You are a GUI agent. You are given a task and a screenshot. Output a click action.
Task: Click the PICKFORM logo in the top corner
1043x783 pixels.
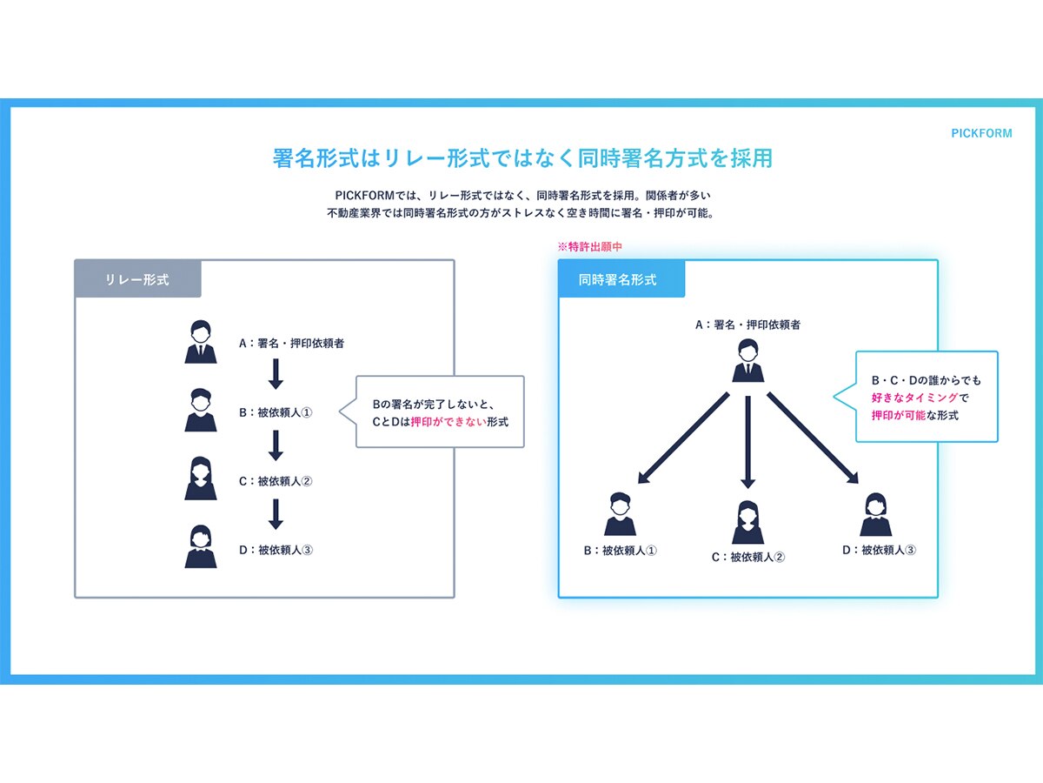click(x=981, y=133)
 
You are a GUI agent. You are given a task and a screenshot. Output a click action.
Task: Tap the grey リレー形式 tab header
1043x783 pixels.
click(x=138, y=278)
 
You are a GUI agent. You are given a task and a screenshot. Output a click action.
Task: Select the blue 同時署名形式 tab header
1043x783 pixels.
click(x=621, y=278)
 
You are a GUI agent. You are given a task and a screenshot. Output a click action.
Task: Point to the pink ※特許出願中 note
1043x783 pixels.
click(x=589, y=247)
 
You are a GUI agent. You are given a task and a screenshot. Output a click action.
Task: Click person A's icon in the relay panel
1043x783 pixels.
click(x=201, y=342)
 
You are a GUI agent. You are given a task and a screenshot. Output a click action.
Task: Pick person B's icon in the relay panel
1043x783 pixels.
click(x=201, y=410)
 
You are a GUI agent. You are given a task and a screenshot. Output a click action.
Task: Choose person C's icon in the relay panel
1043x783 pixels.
click(x=201, y=478)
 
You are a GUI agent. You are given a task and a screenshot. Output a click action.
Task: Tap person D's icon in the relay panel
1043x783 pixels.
click(x=201, y=546)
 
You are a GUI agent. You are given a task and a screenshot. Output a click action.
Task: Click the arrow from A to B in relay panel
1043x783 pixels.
click(x=276, y=374)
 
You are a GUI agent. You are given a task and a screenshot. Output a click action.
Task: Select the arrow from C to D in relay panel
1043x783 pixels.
click(x=276, y=514)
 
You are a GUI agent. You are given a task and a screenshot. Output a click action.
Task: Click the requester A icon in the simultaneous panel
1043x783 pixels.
click(x=748, y=360)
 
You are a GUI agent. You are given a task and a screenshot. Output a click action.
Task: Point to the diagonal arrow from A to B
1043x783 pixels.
click(x=683, y=438)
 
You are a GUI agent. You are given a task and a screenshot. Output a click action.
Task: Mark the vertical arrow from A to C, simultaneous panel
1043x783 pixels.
click(x=748, y=442)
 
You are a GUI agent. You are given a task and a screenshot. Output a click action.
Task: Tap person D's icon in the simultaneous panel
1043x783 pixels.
click(x=876, y=514)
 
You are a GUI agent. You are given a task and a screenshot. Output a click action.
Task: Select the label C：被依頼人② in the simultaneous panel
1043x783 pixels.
click(x=748, y=557)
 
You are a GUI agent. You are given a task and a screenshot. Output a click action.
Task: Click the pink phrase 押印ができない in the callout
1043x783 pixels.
click(x=448, y=422)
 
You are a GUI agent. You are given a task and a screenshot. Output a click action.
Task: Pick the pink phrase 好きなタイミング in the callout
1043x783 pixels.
click(x=914, y=398)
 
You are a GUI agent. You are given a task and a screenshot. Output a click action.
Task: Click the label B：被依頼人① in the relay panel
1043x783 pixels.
click(x=276, y=412)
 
